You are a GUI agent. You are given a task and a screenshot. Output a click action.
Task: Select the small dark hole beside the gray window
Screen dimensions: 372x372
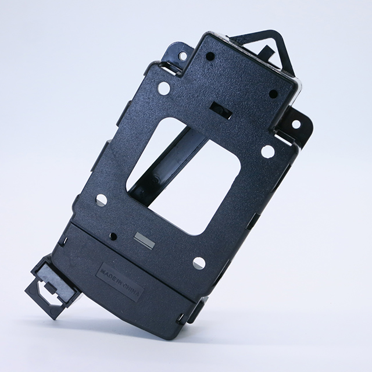coord(113,236)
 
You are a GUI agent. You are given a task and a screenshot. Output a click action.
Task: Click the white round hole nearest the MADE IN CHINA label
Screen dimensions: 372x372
coord(199,262)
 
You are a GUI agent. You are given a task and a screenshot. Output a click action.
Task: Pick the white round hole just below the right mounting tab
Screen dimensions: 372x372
coord(267,151)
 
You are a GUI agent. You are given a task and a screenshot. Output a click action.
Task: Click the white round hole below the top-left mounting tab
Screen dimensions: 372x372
coord(164,88)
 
